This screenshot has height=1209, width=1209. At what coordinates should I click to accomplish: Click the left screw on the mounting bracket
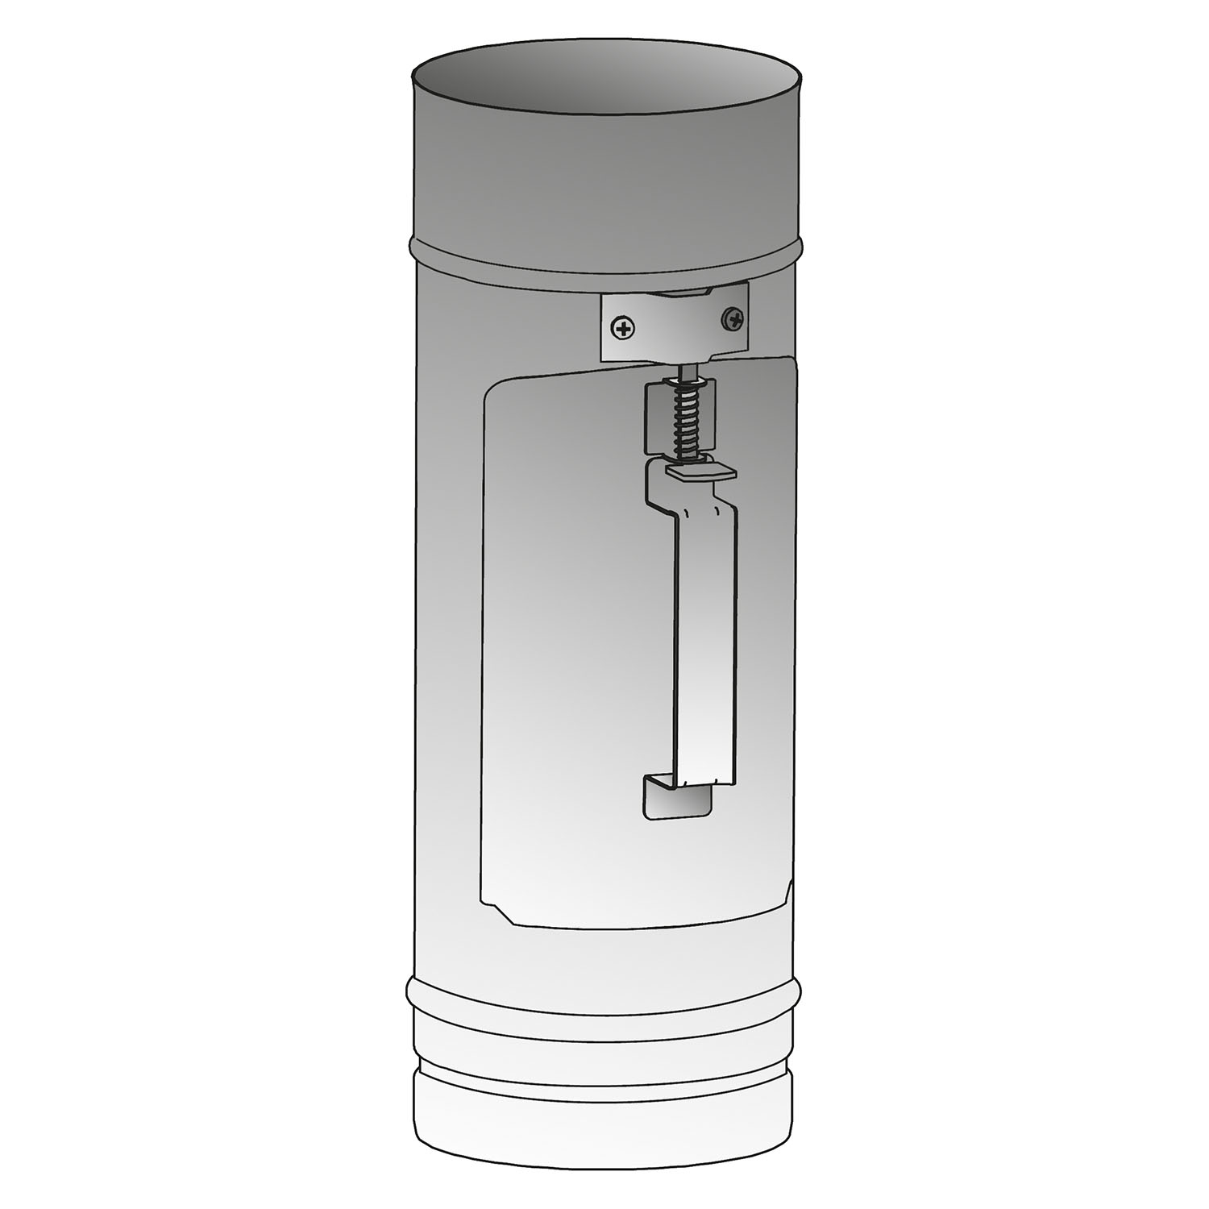coord(622,328)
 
